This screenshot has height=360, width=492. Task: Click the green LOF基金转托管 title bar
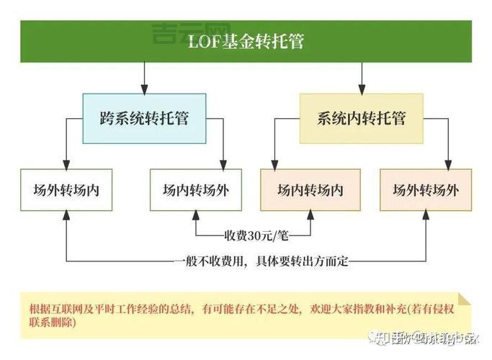point(246,41)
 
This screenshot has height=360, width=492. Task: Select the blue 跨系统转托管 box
point(144,118)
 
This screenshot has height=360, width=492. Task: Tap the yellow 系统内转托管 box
point(361,118)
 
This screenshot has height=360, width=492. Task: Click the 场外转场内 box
point(66,190)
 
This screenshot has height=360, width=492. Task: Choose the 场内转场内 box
point(310,190)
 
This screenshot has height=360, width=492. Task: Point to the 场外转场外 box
point(426,190)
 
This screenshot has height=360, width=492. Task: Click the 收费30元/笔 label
point(253,235)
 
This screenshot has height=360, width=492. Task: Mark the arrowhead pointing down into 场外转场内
point(66,165)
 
